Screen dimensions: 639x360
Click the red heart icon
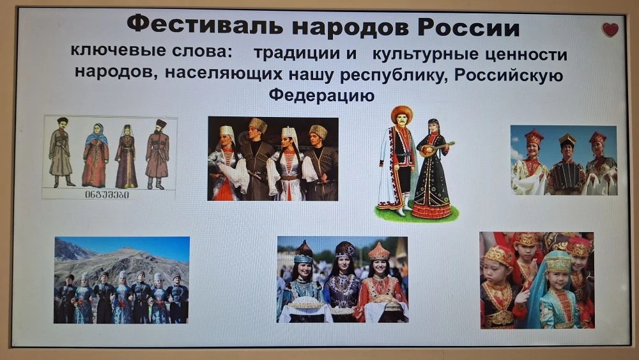(x=610, y=30)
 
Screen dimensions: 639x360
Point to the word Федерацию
(x=321, y=95)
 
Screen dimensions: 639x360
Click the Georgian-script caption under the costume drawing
(x=107, y=195)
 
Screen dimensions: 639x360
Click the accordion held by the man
(x=566, y=177)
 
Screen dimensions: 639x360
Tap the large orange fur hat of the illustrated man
(x=402, y=114)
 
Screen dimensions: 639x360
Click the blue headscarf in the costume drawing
(x=96, y=134)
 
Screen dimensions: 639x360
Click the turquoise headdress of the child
(x=558, y=261)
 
